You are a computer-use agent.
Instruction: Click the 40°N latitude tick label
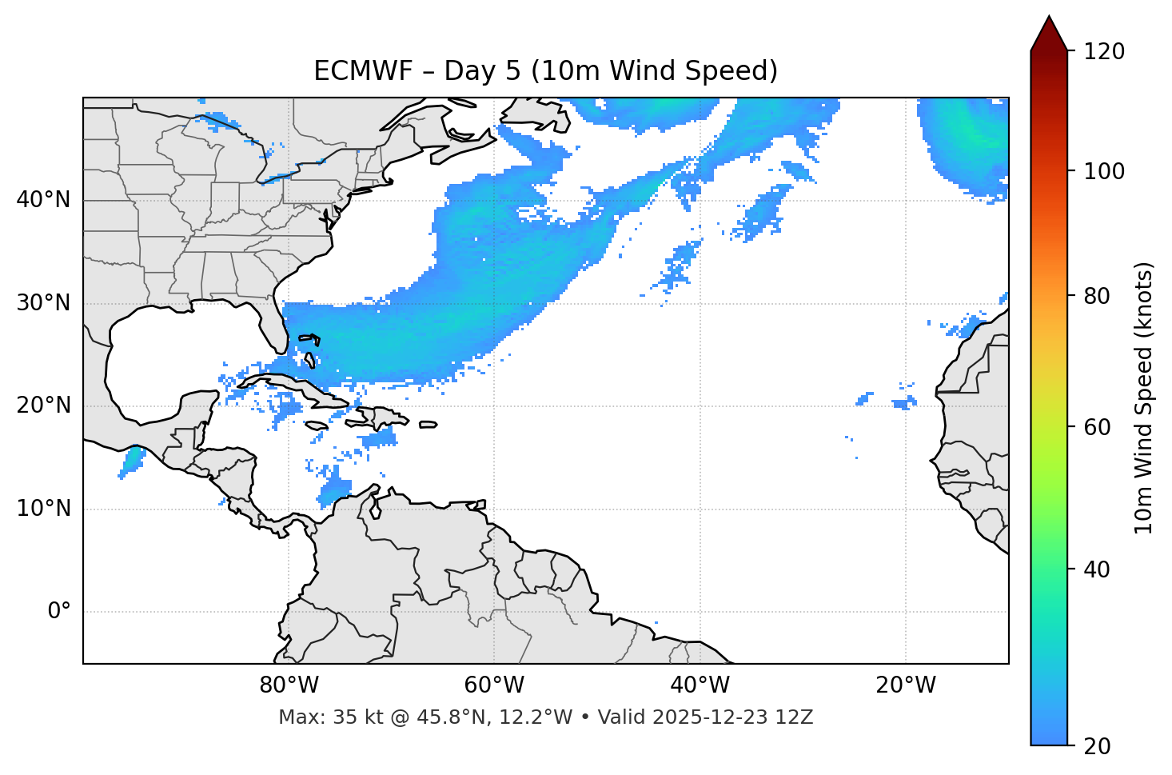coord(43,200)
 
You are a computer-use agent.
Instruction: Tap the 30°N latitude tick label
coord(43,303)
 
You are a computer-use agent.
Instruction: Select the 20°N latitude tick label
coord(43,405)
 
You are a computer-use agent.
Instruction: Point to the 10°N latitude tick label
coord(43,509)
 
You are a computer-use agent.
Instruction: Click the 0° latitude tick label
coord(58,612)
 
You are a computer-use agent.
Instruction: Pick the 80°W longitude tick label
coord(289,685)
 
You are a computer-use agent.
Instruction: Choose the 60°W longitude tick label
coord(494,685)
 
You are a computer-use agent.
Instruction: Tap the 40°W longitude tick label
coord(700,685)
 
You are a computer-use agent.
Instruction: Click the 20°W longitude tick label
coord(905,685)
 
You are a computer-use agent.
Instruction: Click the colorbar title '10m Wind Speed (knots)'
coord(1144,397)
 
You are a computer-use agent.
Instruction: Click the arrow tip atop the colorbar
coord(1049,18)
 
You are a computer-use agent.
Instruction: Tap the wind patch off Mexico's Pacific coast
coord(130,461)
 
